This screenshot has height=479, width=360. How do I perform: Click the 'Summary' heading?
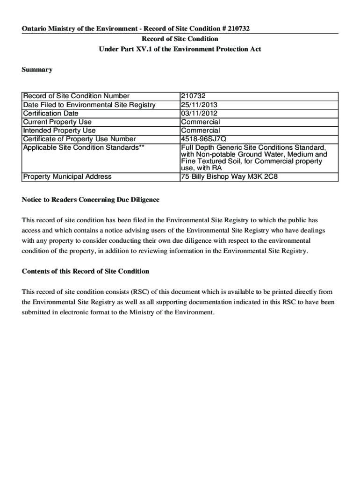37,70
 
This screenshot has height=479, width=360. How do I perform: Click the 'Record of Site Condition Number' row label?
76,96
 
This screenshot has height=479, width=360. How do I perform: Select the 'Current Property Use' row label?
58,122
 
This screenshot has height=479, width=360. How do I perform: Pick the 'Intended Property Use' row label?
59,131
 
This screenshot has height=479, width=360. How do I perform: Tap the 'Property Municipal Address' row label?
67,177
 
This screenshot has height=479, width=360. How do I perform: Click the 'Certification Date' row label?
51,113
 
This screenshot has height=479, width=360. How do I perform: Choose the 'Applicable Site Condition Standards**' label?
84,147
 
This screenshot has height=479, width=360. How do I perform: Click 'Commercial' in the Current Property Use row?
200,122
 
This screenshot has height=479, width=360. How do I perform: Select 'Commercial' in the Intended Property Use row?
200,131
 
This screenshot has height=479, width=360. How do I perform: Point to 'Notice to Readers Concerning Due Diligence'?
91,200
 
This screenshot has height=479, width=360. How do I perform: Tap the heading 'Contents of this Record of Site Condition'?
86,271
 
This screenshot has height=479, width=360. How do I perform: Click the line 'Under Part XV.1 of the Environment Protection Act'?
180,49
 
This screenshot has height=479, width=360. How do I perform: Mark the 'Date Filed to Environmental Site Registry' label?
89,105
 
